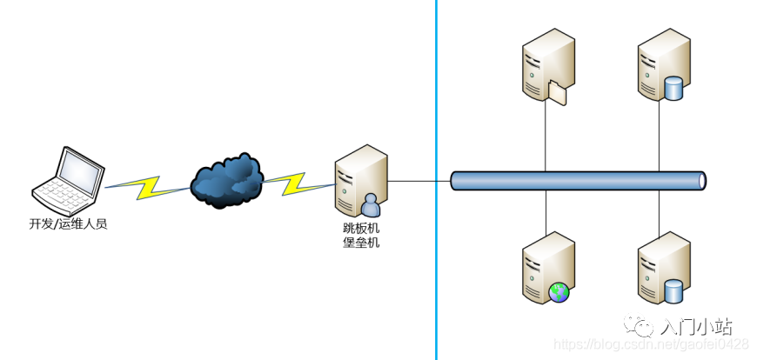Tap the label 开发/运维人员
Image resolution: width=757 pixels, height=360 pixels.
[68, 224]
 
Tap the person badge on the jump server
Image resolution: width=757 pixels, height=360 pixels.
[371, 205]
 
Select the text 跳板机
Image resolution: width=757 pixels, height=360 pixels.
[361, 228]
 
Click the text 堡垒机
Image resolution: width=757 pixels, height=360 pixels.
[361, 243]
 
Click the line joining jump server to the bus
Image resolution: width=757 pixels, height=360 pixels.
[419, 181]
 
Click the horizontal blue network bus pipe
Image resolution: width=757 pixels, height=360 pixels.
[578, 181]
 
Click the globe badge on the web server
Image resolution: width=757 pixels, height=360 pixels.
[559, 291]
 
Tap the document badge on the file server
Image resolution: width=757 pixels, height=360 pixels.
[558, 90]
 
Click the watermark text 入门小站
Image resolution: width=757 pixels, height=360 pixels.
[695, 327]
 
